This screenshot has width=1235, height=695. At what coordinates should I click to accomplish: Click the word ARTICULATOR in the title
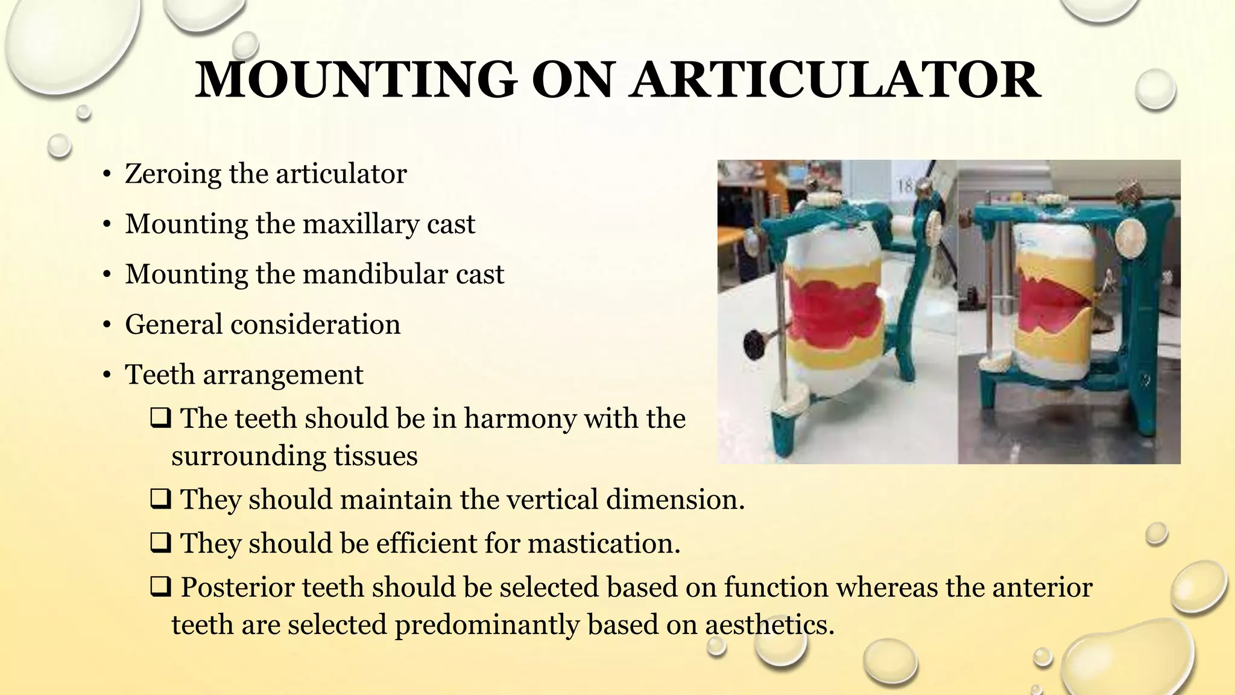click(x=835, y=80)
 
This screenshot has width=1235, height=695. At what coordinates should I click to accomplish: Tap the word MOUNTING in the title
click(x=356, y=80)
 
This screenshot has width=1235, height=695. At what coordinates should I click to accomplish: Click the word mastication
click(x=604, y=544)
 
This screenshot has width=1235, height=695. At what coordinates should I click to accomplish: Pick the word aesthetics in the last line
click(x=770, y=624)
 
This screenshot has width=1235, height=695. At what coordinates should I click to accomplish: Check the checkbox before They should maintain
click(x=160, y=500)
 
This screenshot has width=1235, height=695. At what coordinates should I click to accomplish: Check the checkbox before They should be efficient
click(x=160, y=544)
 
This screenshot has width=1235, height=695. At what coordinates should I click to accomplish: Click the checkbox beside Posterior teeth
click(x=160, y=588)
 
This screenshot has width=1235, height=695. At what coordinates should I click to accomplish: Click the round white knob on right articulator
click(x=1132, y=236)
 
